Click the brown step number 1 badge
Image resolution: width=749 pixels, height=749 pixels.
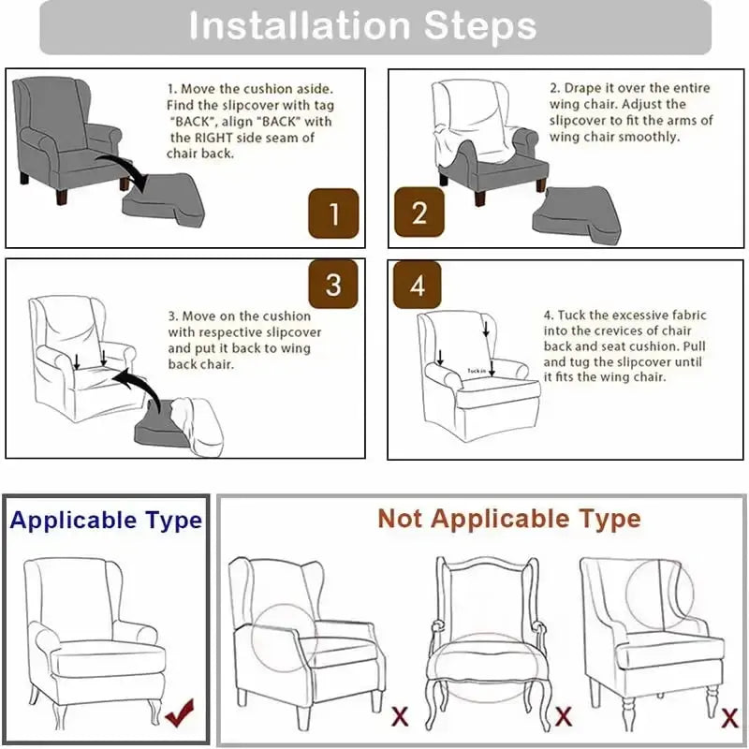tap(334, 214)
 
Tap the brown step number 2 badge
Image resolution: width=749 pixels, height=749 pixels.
tap(419, 213)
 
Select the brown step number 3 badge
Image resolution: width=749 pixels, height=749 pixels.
tap(334, 285)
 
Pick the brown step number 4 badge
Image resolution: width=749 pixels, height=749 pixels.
tap(419, 285)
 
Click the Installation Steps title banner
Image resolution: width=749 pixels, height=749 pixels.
tap(374, 26)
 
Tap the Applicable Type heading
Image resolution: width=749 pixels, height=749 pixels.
tap(106, 521)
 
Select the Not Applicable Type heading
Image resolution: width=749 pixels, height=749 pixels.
tap(509, 518)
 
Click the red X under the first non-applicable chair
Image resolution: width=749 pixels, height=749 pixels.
tap(400, 718)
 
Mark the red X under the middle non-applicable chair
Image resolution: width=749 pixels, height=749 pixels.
tap(564, 718)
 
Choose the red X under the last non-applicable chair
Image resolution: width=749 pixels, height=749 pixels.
tap(730, 718)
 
